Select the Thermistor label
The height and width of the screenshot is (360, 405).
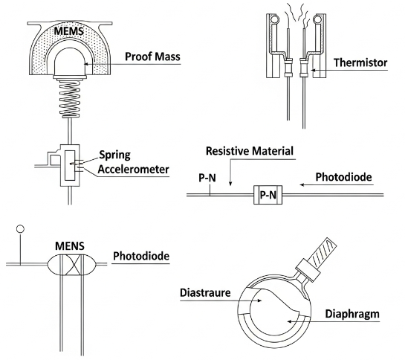[360, 64]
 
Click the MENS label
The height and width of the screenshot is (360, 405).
[70, 245]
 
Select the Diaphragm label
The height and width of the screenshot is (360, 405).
[351, 314]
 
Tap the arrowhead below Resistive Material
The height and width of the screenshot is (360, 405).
[230, 183]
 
